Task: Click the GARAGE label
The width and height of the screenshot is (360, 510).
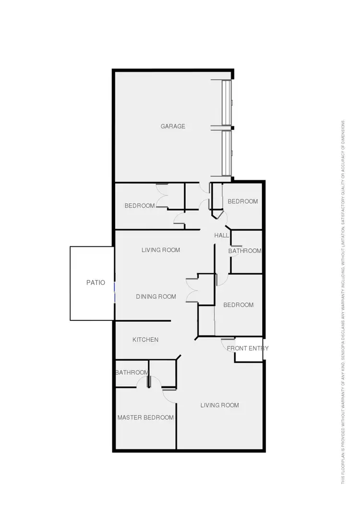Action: point(173,126)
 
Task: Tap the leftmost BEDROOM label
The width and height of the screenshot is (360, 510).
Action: point(140,206)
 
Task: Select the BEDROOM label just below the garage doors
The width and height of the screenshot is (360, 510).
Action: point(242,201)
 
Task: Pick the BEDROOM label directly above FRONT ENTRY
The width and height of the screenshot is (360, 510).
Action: point(238,305)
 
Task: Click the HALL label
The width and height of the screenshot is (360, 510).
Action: point(221,235)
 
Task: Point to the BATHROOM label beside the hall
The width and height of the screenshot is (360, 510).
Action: point(245,251)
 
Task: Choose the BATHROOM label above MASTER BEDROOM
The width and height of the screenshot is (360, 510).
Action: point(132,373)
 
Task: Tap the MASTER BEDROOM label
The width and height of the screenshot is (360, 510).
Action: point(145,417)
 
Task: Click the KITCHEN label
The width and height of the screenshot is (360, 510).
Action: point(145,340)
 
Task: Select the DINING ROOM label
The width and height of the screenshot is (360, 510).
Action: point(156,296)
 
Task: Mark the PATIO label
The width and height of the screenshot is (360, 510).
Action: point(96,283)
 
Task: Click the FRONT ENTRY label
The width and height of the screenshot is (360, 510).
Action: point(248,348)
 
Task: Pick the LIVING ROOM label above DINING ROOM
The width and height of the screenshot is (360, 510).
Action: point(161,250)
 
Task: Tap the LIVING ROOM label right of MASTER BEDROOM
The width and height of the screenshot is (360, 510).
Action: point(219,405)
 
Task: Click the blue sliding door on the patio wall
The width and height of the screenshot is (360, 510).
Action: point(114,293)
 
